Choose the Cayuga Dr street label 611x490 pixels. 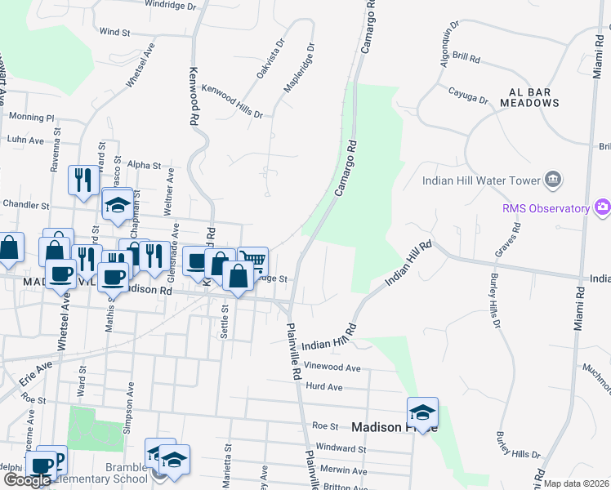tap(468, 93)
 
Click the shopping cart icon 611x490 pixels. tap(253, 261)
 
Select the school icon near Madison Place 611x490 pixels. tap(422, 411)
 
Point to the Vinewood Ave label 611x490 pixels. tap(335, 367)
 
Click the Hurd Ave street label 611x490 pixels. tap(323, 386)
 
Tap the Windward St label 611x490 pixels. tap(340, 448)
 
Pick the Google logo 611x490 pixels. tap(27, 481)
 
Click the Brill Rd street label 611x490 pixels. tap(466, 61)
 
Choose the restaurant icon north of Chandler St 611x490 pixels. tap(83, 180)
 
